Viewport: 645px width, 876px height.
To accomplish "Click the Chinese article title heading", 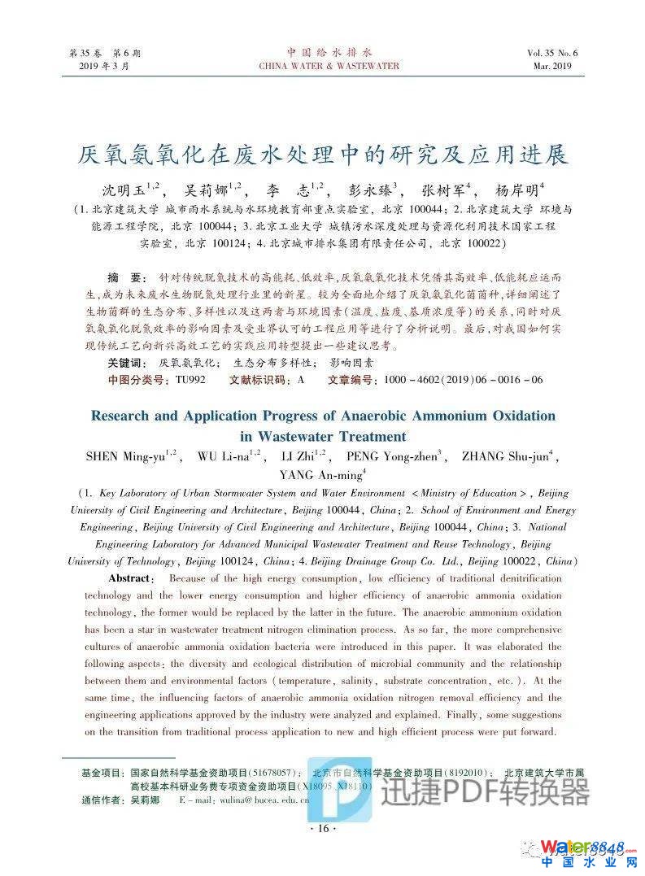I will pyautogui.click(x=322, y=154).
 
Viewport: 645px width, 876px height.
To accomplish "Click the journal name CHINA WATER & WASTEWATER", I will pyautogui.click(x=329, y=66).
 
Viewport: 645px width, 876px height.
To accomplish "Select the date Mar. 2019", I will pyautogui.click(x=553, y=66).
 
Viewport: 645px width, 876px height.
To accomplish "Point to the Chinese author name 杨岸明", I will pyautogui.click(x=517, y=191).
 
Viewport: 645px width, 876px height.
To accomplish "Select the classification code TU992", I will pyautogui.click(x=190, y=380).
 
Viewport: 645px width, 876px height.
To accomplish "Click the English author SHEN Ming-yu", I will pyautogui.click(x=127, y=456).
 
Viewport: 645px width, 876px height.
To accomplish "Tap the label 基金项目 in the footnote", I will pyautogui.click(x=102, y=772).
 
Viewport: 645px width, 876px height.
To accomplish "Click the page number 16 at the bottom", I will pyautogui.click(x=323, y=829).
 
